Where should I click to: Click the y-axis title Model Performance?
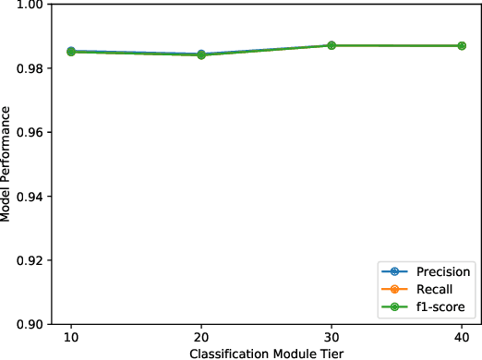point(7,164)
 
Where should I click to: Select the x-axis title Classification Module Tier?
point(267,353)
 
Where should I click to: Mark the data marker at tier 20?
point(202,54)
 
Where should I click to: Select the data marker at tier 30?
point(331,45)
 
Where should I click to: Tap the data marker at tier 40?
point(462,45)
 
